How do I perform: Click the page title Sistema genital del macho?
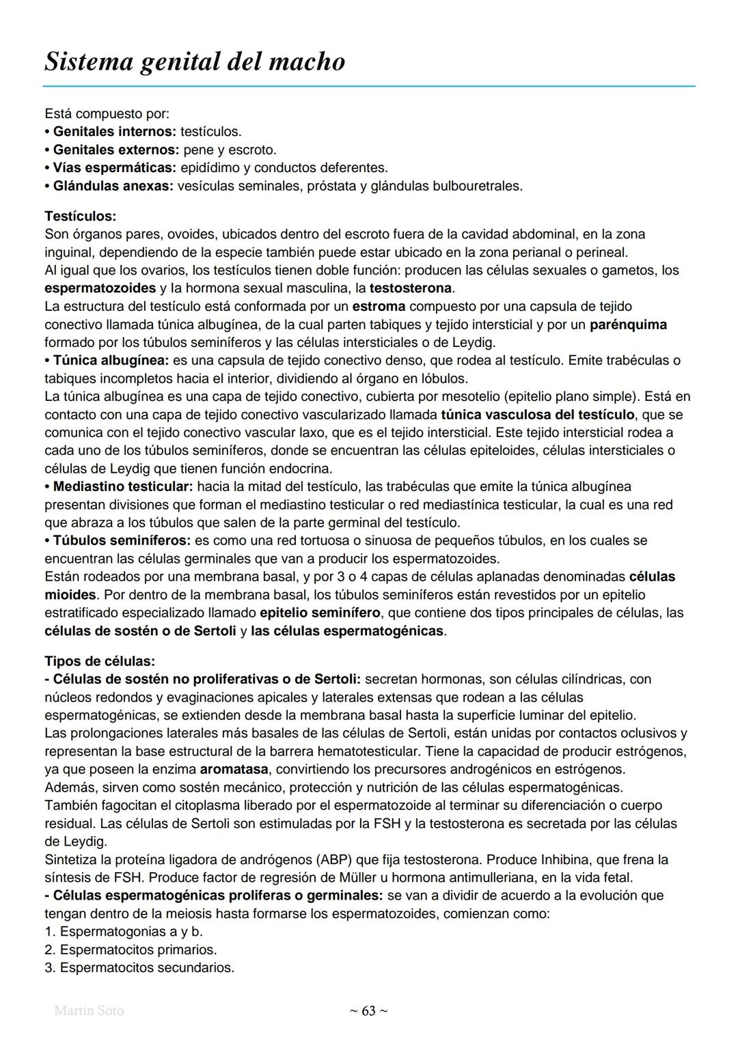(x=195, y=61)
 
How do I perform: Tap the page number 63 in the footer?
(x=368, y=1010)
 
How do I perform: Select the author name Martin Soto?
(x=89, y=1010)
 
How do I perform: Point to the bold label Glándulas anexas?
(x=113, y=186)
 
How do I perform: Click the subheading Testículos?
(x=80, y=216)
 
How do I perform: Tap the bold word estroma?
(x=379, y=306)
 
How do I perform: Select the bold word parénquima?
(x=628, y=324)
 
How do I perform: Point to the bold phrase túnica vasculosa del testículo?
(x=538, y=415)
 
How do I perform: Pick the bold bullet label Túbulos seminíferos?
(x=122, y=540)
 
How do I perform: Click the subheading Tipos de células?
(x=100, y=661)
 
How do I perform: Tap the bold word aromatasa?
(x=229, y=769)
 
